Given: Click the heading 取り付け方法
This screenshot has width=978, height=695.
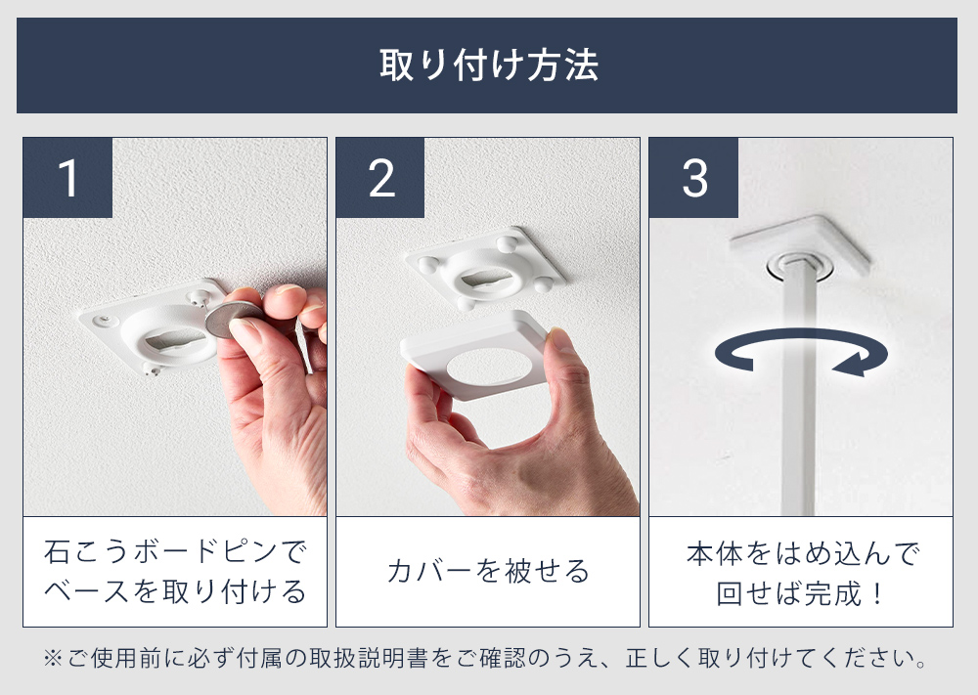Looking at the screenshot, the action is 489,65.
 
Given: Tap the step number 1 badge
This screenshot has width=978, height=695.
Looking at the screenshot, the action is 68,178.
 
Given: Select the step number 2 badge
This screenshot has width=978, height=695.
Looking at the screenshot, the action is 380,178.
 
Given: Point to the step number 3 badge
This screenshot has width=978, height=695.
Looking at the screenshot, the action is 693,178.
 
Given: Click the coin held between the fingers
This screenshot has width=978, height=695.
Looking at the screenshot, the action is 230,318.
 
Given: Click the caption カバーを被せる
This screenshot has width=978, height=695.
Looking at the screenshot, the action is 488,570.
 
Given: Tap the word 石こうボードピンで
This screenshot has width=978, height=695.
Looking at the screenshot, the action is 175,551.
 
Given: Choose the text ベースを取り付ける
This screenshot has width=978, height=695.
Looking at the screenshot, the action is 175,591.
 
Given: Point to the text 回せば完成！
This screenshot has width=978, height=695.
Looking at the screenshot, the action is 801,592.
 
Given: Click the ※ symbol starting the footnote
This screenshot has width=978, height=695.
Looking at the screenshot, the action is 53,658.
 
